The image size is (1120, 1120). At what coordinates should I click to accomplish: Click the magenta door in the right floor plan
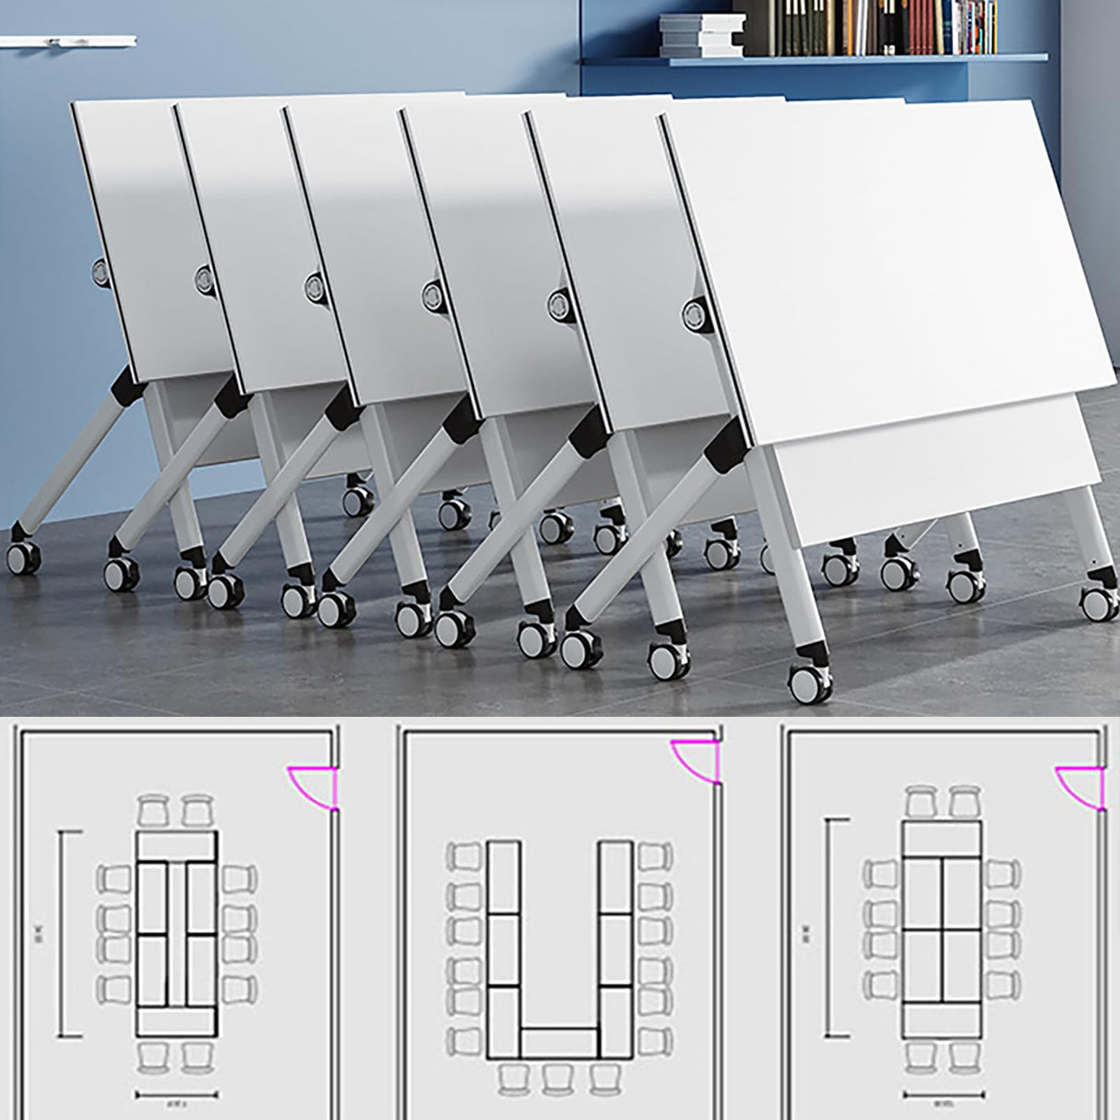click(1079, 785)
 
